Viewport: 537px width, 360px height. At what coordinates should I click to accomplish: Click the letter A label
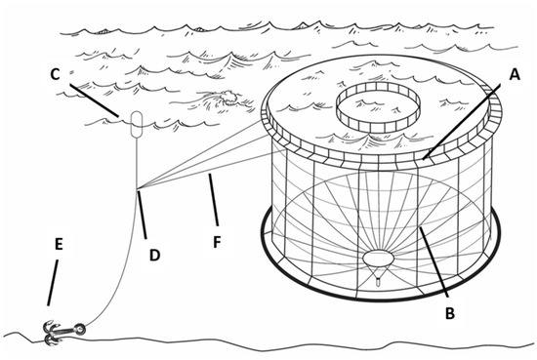pos(514,74)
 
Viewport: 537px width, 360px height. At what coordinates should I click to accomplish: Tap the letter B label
pos(450,313)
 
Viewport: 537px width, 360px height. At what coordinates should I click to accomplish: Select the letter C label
pos(55,74)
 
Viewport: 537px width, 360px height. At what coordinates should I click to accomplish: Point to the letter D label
pos(155,255)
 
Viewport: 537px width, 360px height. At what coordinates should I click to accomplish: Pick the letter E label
pos(59,244)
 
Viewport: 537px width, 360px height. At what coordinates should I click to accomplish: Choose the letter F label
pos(217,242)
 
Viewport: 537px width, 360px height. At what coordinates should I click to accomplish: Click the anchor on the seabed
pos(63,332)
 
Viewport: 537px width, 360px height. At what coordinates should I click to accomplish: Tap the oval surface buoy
pos(137,124)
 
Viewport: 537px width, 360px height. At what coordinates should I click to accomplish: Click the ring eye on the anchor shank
pos(80,329)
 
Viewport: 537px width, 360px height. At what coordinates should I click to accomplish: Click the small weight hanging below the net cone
pos(378,283)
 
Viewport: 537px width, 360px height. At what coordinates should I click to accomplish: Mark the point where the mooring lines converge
pos(137,188)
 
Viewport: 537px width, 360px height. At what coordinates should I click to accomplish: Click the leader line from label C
pos(94,100)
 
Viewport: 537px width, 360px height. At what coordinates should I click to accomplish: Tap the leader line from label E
pos(53,283)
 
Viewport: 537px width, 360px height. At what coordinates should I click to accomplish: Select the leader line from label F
pos(214,200)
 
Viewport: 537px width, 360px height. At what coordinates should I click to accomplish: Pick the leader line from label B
pos(434,261)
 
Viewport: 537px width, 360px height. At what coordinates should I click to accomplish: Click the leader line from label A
pos(461,122)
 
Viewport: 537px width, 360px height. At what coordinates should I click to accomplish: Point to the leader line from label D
pos(143,215)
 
